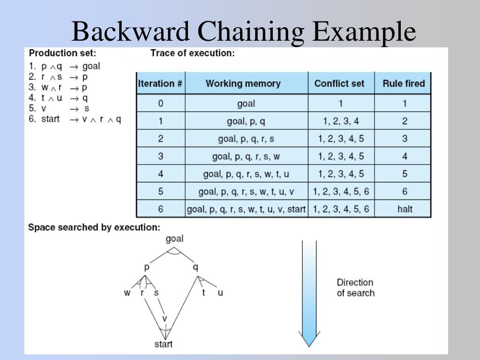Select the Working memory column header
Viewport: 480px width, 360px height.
point(243,84)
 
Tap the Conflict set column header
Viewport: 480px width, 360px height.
point(339,84)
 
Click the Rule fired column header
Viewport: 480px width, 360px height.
point(404,84)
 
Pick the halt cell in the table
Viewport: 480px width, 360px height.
point(405,209)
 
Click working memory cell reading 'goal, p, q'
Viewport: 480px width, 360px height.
point(246,121)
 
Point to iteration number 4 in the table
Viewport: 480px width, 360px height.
point(160,174)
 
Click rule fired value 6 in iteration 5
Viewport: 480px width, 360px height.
point(405,191)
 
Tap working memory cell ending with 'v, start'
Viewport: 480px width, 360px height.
point(246,209)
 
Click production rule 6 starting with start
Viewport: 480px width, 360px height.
point(75,119)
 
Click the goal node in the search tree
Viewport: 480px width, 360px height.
point(174,239)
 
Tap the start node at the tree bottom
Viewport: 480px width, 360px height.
point(164,345)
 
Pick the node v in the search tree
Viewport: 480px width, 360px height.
point(165,319)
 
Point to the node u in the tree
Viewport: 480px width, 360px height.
point(220,293)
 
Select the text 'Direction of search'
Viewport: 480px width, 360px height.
point(355,288)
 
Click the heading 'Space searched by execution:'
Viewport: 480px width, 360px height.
point(94,227)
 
